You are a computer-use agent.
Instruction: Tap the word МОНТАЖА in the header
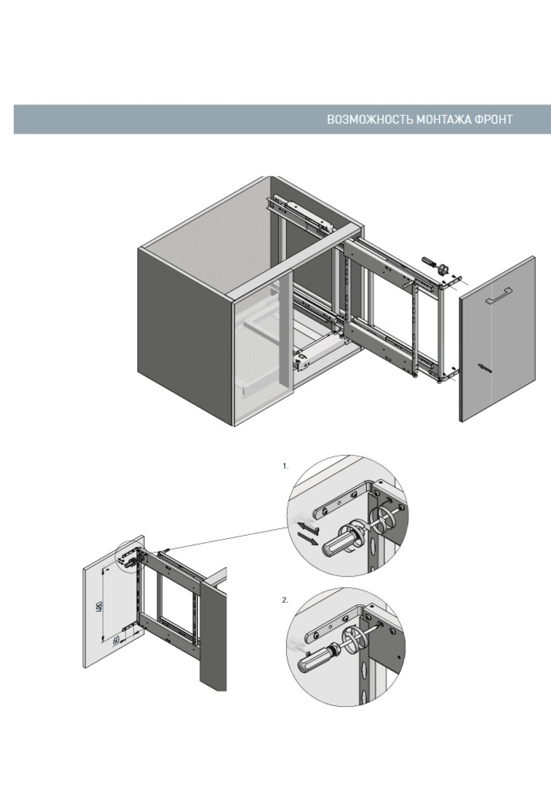443,120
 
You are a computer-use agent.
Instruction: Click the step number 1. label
286,466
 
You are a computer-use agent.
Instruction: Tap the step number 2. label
286,600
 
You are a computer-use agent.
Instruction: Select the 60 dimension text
116,640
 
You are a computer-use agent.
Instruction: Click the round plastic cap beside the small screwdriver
444,269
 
